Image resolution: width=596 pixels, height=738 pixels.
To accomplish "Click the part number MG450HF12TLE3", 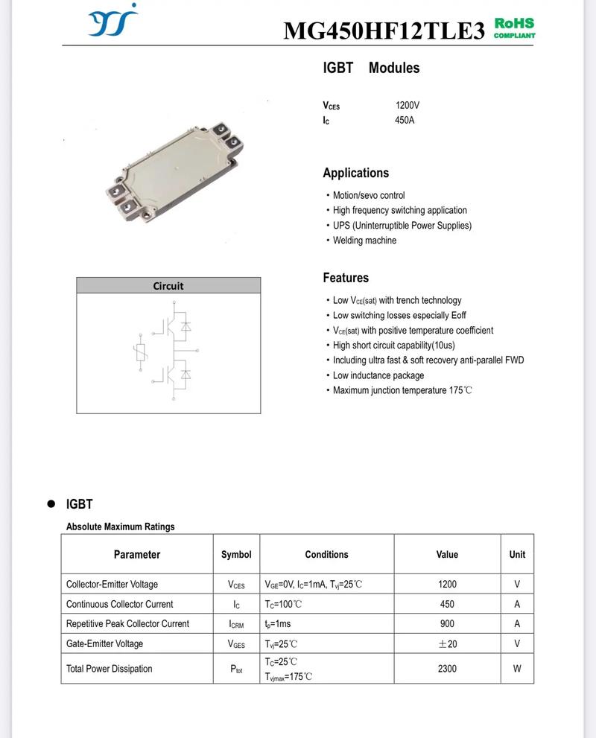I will tap(384, 31).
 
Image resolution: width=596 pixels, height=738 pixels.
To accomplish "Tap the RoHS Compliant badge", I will tap(514, 28).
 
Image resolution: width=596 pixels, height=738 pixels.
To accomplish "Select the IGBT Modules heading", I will tap(371, 68).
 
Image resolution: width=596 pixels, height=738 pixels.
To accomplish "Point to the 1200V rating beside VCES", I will tap(407, 106).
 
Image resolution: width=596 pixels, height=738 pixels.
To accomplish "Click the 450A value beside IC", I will tap(405, 120).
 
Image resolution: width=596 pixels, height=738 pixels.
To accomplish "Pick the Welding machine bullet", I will tap(364, 241).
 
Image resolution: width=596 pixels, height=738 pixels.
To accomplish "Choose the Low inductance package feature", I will tap(378, 375).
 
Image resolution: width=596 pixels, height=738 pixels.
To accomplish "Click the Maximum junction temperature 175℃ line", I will tap(402, 390).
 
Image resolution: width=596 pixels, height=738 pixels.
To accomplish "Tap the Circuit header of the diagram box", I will tap(168, 285).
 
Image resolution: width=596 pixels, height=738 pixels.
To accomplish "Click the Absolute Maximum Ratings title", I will tap(120, 527).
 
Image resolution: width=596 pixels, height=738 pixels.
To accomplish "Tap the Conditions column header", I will tap(326, 555).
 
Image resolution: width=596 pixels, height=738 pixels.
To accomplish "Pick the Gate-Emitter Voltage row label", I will tap(104, 643).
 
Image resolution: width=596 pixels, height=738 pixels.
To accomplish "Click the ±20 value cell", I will tap(447, 643).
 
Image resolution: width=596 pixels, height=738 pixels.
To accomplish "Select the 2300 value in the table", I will tap(447, 669).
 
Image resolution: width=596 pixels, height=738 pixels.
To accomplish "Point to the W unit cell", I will tap(517, 669).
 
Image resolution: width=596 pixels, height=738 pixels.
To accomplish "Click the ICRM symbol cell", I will tap(236, 624).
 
